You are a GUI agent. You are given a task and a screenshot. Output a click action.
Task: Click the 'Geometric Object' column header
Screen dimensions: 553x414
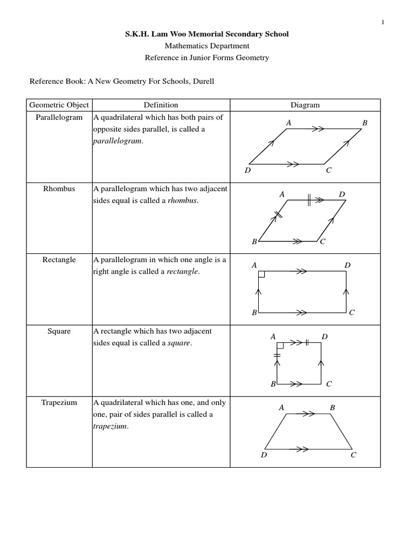59,105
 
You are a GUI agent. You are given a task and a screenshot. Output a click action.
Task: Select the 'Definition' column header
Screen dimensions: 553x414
161,105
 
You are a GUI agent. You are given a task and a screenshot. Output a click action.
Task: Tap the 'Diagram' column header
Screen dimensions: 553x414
305,105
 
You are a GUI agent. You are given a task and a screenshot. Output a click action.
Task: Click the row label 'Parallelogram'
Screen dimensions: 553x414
59,117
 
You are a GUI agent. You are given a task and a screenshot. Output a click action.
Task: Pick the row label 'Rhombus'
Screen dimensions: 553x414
59,189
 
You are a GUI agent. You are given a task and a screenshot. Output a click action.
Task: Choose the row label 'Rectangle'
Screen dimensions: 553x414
59,260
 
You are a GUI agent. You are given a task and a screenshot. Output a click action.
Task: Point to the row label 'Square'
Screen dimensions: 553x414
59,331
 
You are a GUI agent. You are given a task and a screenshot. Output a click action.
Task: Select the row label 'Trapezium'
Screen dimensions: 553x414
59,402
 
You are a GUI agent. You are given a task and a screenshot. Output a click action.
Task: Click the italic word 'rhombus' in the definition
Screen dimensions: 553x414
182,201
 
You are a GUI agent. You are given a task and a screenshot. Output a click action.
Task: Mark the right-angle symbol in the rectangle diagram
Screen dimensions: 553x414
261,274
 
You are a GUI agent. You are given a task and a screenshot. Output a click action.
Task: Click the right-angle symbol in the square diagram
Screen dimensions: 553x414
280,345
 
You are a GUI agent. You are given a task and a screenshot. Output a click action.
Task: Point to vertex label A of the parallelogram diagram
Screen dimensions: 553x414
289,123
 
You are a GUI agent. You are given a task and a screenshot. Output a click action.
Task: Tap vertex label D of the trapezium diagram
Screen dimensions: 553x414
264,455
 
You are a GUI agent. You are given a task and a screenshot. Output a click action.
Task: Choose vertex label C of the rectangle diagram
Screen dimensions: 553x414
351,313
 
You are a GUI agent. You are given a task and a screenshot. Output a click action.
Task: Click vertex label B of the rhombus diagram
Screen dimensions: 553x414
254,242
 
